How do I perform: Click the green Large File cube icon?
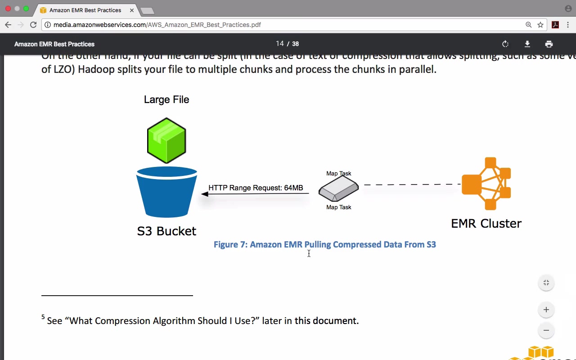pyautogui.click(x=166, y=140)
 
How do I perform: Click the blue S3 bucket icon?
pyautogui.click(x=166, y=193)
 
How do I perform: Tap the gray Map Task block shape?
pyautogui.click(x=338, y=189)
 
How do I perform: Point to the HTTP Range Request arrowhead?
pyautogui.click(x=205, y=194)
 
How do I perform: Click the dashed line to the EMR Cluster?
pyautogui.click(x=412, y=184)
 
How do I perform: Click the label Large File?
pyautogui.click(x=166, y=99)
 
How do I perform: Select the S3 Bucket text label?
pyautogui.click(x=166, y=231)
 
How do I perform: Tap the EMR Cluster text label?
pyautogui.click(x=486, y=223)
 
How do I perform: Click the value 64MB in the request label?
pyautogui.click(x=293, y=188)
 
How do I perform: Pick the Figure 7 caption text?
pyautogui.click(x=324, y=244)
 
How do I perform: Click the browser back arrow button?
pyautogui.click(x=8, y=25)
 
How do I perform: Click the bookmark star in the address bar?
pyautogui.click(x=540, y=25)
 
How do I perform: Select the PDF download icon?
pyautogui.click(x=527, y=44)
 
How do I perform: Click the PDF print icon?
pyautogui.click(x=549, y=44)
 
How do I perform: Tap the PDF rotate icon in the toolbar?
pyautogui.click(x=505, y=44)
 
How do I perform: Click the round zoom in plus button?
pyautogui.click(x=546, y=310)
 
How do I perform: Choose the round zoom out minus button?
pyautogui.click(x=546, y=330)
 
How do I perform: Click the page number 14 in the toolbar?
pyautogui.click(x=280, y=44)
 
